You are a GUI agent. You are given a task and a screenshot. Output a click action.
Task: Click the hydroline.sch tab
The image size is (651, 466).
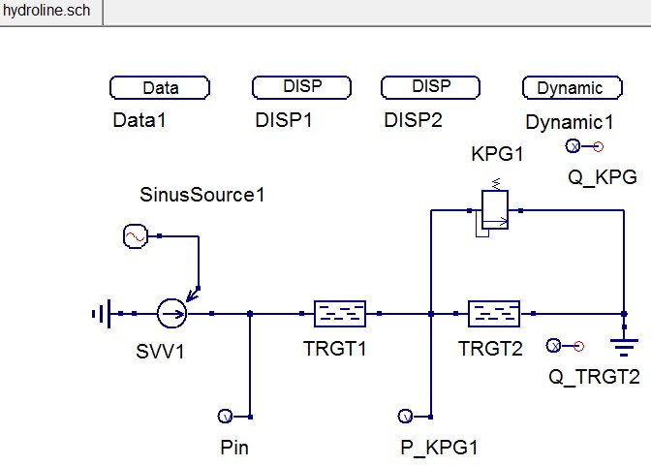48,11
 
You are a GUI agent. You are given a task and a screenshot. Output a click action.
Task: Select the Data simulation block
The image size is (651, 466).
161,88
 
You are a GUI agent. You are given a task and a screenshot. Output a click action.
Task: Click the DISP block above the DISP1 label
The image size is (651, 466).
301,87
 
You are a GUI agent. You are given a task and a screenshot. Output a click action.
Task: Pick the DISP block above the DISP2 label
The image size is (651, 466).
431,87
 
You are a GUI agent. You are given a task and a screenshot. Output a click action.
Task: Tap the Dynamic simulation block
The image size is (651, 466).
570,88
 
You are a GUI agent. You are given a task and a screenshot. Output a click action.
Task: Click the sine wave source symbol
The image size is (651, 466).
135,235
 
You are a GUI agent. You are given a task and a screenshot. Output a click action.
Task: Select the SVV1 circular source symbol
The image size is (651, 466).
171,313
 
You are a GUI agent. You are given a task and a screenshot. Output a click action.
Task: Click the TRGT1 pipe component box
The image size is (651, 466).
340,313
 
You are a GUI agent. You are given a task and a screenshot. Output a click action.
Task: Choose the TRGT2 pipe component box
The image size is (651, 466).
494,313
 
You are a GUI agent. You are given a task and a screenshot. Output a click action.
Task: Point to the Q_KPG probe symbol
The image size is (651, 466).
572,147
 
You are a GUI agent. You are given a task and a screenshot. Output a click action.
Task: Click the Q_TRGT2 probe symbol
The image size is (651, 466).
554,345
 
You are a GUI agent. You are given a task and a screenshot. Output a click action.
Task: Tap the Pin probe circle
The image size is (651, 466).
225,417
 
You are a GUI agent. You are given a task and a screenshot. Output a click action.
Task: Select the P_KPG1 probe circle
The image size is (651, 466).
405,417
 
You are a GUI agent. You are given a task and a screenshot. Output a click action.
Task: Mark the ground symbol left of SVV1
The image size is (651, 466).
101,313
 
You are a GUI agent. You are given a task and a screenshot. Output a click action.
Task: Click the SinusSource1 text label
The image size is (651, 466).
202,195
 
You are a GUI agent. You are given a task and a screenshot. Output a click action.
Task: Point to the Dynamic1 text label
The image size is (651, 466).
570,122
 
